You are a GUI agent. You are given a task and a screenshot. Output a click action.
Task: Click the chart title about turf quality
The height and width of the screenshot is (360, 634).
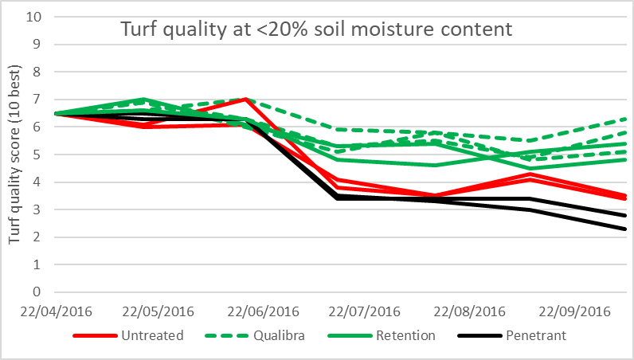coord(316,30)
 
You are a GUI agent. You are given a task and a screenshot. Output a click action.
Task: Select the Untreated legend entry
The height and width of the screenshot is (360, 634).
coord(152,335)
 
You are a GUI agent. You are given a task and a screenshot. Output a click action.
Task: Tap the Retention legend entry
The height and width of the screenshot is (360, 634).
coord(407,335)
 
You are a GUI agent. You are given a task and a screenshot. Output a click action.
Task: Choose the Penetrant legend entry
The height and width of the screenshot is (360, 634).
coord(535,335)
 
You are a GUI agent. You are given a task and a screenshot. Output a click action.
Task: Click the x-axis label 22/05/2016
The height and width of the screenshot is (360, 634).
coord(162,311)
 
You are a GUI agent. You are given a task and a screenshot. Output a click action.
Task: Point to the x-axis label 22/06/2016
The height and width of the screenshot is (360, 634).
coord(264,311)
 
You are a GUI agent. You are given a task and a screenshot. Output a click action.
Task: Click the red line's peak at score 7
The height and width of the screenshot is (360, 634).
coord(249,99)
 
